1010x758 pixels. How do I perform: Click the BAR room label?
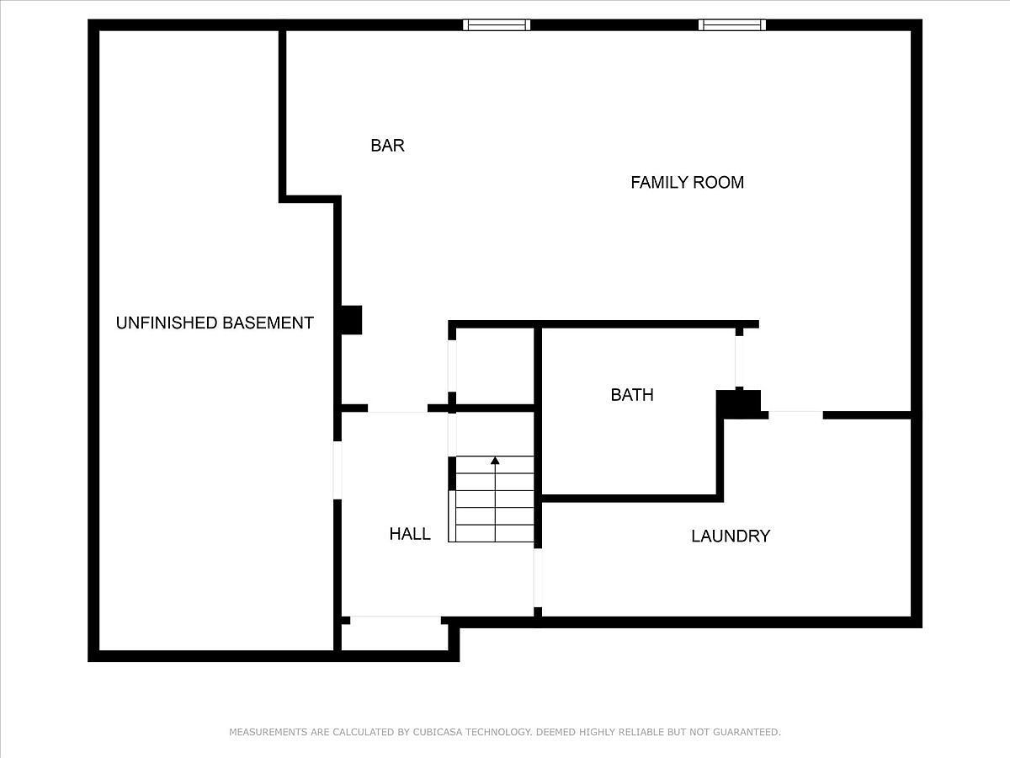pos(387,146)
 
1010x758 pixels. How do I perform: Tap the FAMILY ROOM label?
pos(687,183)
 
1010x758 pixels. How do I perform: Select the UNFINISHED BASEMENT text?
pos(215,323)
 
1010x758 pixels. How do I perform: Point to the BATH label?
pos(632,395)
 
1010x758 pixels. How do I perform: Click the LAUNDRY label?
pos(731,536)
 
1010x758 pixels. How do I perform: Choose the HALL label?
pos(410,534)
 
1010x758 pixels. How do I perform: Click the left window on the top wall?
pos(497,25)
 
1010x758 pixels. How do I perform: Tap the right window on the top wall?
pos(732,25)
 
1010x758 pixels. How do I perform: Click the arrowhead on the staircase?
pos(495,460)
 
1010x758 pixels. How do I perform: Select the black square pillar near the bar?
pos(351,320)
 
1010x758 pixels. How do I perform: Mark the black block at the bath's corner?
pos(738,403)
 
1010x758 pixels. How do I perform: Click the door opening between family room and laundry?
pos(795,415)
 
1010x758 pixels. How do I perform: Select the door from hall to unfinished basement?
pos(338,470)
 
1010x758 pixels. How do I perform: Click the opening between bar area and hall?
pos(397,408)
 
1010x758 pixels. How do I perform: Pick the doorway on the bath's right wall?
pos(739,362)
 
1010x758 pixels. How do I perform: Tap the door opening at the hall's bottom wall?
pos(396,621)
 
